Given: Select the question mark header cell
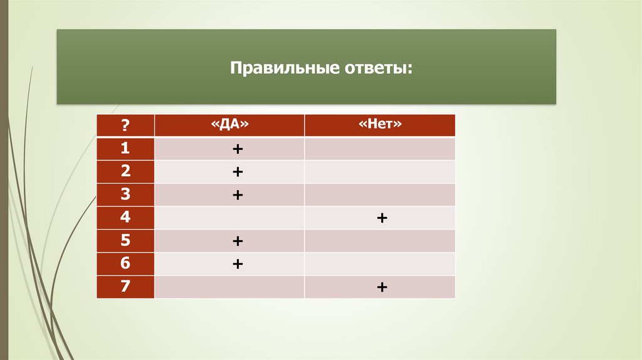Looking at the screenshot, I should pos(125,125).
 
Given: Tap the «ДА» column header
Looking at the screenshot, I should pos(229,125).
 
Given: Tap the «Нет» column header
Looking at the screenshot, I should pos(380,125).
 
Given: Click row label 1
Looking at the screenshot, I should pos(125,149).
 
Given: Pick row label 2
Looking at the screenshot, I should pos(125,172).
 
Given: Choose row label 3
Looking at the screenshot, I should pos(125,195).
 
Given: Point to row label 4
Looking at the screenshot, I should pos(125,218).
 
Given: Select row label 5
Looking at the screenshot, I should pos(125,241).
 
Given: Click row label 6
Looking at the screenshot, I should pos(125,264).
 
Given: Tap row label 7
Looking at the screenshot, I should pos(125,287).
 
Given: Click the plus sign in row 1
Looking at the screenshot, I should pos(238,149).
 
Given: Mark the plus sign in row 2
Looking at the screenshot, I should pos(238,172).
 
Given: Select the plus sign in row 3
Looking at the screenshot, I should pos(238,195).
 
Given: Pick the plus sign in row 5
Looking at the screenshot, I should pos(238,241).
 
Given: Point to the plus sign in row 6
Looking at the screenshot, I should pos(238,265).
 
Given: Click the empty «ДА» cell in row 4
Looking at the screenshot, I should pos(229,218).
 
